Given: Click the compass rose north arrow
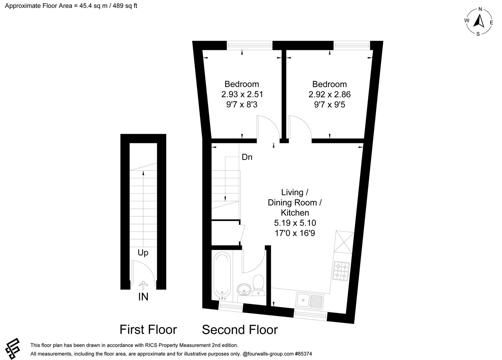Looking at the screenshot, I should pos(479,21).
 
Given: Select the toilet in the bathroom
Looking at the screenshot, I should pos(258,285).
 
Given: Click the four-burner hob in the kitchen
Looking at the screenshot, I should pos(342,271).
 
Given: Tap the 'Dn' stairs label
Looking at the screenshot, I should pos(247,157).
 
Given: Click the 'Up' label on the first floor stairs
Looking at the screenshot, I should pos(143,253).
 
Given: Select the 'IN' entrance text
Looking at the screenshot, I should pos(143,297).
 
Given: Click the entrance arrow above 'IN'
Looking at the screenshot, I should pos(143,285).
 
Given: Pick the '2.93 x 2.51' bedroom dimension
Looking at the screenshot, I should pos(242,94).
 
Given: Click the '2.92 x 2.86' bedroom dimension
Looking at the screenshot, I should pos(329,94).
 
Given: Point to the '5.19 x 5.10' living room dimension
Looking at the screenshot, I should pos(295,223).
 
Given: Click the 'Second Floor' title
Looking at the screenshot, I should pos(240,330).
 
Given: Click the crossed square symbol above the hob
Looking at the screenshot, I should pos(344,242).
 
